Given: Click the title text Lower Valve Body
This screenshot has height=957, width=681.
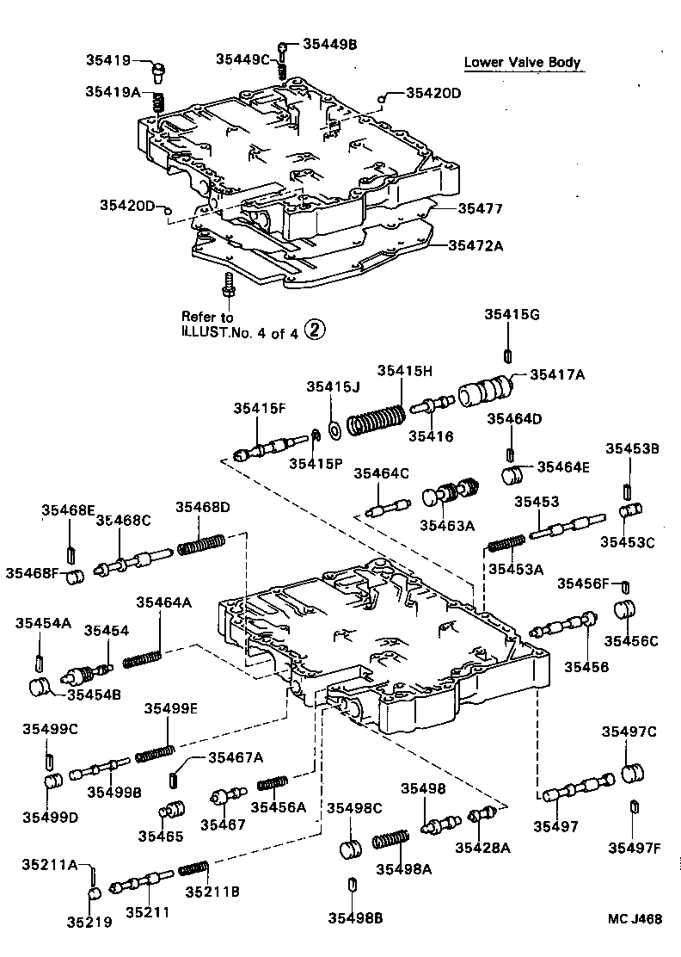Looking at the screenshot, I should pyautogui.click(x=522, y=62).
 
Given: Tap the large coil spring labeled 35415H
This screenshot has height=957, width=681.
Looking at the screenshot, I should pyautogui.click(x=376, y=420).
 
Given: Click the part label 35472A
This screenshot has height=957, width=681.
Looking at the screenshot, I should pyautogui.click(x=475, y=245).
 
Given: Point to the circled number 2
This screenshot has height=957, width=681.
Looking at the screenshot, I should pyautogui.click(x=316, y=329).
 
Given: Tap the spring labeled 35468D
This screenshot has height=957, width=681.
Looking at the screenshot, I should pyautogui.click(x=201, y=546).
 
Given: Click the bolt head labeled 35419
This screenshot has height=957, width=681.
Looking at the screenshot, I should pyautogui.click(x=159, y=70).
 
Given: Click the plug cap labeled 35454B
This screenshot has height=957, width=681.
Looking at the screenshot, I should pyautogui.click(x=42, y=689).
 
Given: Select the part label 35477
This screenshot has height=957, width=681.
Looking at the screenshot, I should pyautogui.click(x=480, y=208).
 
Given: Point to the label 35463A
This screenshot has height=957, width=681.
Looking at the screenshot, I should pyautogui.click(x=447, y=525).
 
